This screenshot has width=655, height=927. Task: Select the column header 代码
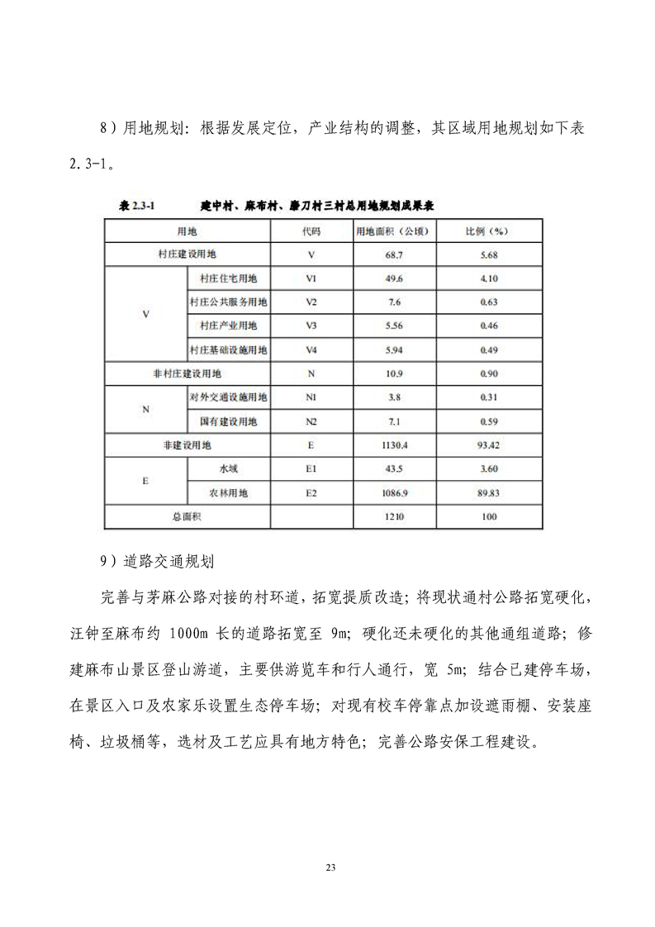[x=311, y=231]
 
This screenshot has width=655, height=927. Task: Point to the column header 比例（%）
[x=488, y=231]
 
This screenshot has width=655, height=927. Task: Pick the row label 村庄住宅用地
[x=229, y=278]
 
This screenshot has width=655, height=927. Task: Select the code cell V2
[x=311, y=302]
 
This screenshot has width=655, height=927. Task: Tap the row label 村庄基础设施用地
[x=229, y=349]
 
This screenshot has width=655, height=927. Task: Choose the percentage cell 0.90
[x=488, y=373]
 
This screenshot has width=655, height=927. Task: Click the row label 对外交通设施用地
[x=229, y=397]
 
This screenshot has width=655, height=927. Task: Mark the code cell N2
[x=311, y=421]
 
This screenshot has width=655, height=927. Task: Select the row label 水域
[x=229, y=468]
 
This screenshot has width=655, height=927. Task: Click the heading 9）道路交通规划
[x=157, y=561]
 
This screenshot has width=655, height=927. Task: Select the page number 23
[x=330, y=867]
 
